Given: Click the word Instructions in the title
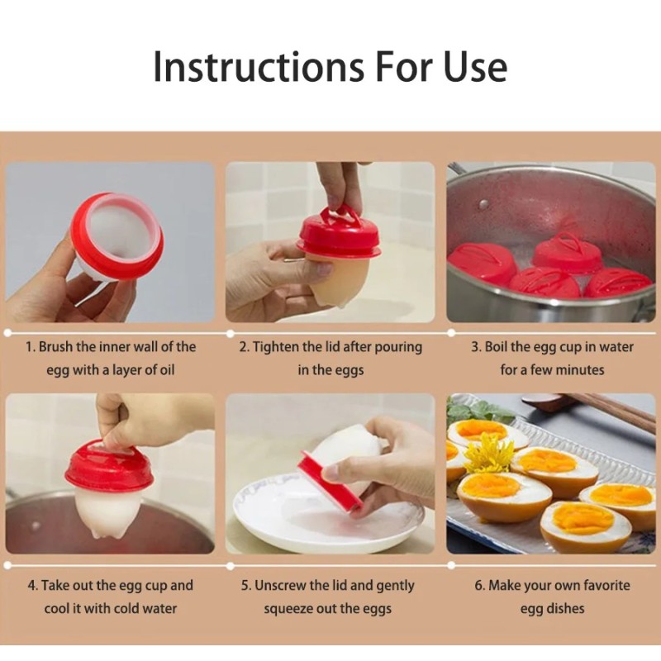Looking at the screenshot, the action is coord(258,67).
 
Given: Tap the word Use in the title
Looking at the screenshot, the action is coord(475,67).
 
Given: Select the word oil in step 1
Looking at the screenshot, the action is coord(165,370).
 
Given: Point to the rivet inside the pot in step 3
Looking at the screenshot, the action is coord(483,204).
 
